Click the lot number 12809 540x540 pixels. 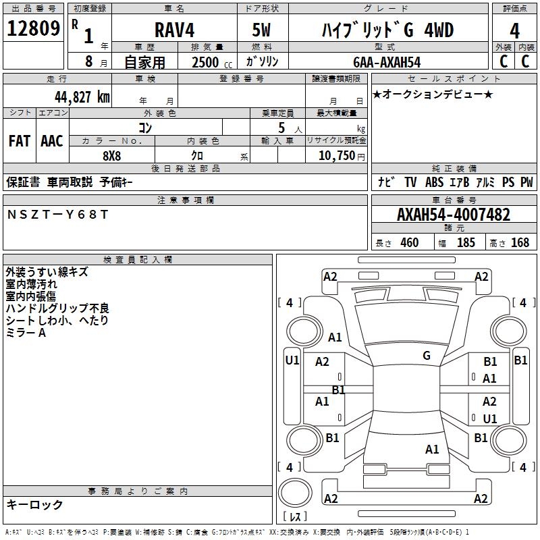tap(33, 28)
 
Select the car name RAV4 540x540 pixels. tap(174, 30)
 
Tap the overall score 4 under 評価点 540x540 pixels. tap(514, 31)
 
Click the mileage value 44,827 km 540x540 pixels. tap(82, 97)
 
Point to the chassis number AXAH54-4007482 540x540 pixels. tap(454, 215)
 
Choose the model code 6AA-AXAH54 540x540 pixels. tap(387, 62)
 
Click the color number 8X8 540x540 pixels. tap(111, 156)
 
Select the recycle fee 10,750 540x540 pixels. tap(336, 156)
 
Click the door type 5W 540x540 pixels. tap(261, 30)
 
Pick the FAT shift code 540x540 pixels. tap(20, 141)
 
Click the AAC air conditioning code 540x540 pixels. tap(52, 141)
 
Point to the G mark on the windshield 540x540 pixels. tap(427, 356)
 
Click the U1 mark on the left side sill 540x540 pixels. tap(292, 360)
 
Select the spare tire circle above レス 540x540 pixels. tap(295, 493)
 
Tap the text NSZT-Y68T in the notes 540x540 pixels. tap(57, 215)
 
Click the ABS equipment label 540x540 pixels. tap(434, 182)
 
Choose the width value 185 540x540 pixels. tap(466, 242)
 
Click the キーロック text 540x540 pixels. tap(34, 504)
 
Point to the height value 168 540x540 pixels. tap(520, 242)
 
